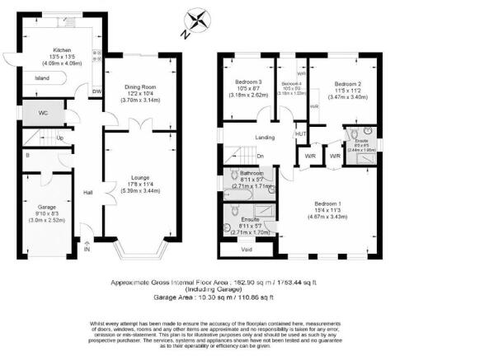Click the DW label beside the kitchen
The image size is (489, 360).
(97, 91)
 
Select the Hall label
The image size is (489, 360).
(87, 194)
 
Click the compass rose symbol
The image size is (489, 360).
(198, 20)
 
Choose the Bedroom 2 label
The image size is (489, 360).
(348, 84)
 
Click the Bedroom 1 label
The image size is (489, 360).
(327, 203)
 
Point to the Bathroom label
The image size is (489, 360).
(250, 174)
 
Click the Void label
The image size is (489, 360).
(246, 248)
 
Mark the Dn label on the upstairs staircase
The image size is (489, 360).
(260, 156)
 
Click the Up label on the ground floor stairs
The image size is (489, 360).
(60, 138)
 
